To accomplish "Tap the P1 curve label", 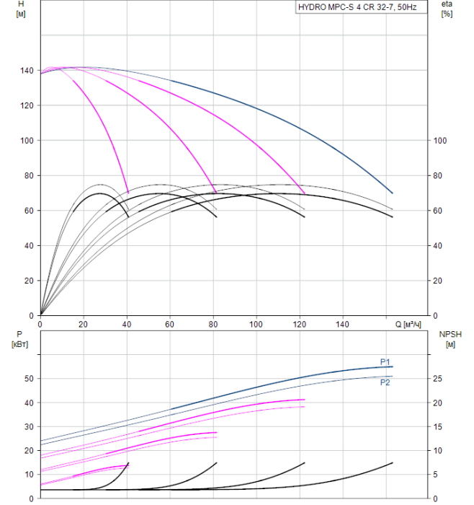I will [385, 362].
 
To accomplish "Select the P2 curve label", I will [385, 382].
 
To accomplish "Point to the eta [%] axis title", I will [447, 9].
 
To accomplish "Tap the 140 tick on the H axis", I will [27, 71].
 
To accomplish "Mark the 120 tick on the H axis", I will [27, 105].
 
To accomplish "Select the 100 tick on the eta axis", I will [440, 141].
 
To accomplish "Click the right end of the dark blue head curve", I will [393, 193].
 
